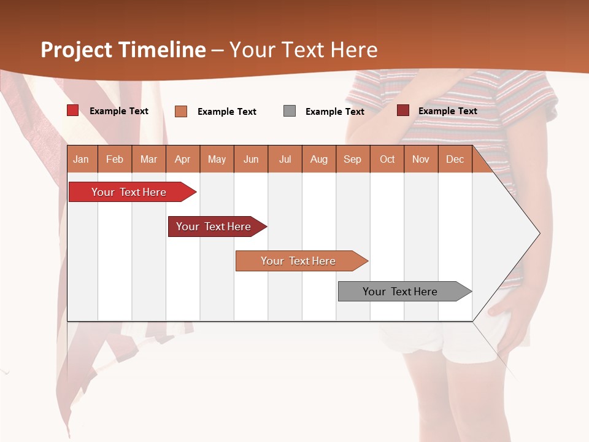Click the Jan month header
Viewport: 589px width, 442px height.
click(82, 159)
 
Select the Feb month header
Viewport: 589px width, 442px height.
click(115, 159)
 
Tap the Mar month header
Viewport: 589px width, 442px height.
click(148, 159)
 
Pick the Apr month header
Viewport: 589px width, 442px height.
click(183, 159)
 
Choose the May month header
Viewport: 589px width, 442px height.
click(217, 159)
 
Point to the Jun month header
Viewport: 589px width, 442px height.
click(251, 159)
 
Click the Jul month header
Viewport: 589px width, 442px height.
click(285, 159)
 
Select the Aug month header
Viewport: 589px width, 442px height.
click(319, 159)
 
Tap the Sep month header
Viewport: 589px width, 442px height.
click(353, 159)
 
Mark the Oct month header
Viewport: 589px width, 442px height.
click(387, 159)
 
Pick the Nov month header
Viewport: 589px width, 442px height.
click(421, 159)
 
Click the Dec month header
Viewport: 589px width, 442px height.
click(455, 159)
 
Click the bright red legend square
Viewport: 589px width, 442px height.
click(73, 110)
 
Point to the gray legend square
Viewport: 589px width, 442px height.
click(290, 111)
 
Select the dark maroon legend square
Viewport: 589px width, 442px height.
click(403, 110)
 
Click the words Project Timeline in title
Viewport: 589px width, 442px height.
click(123, 50)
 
